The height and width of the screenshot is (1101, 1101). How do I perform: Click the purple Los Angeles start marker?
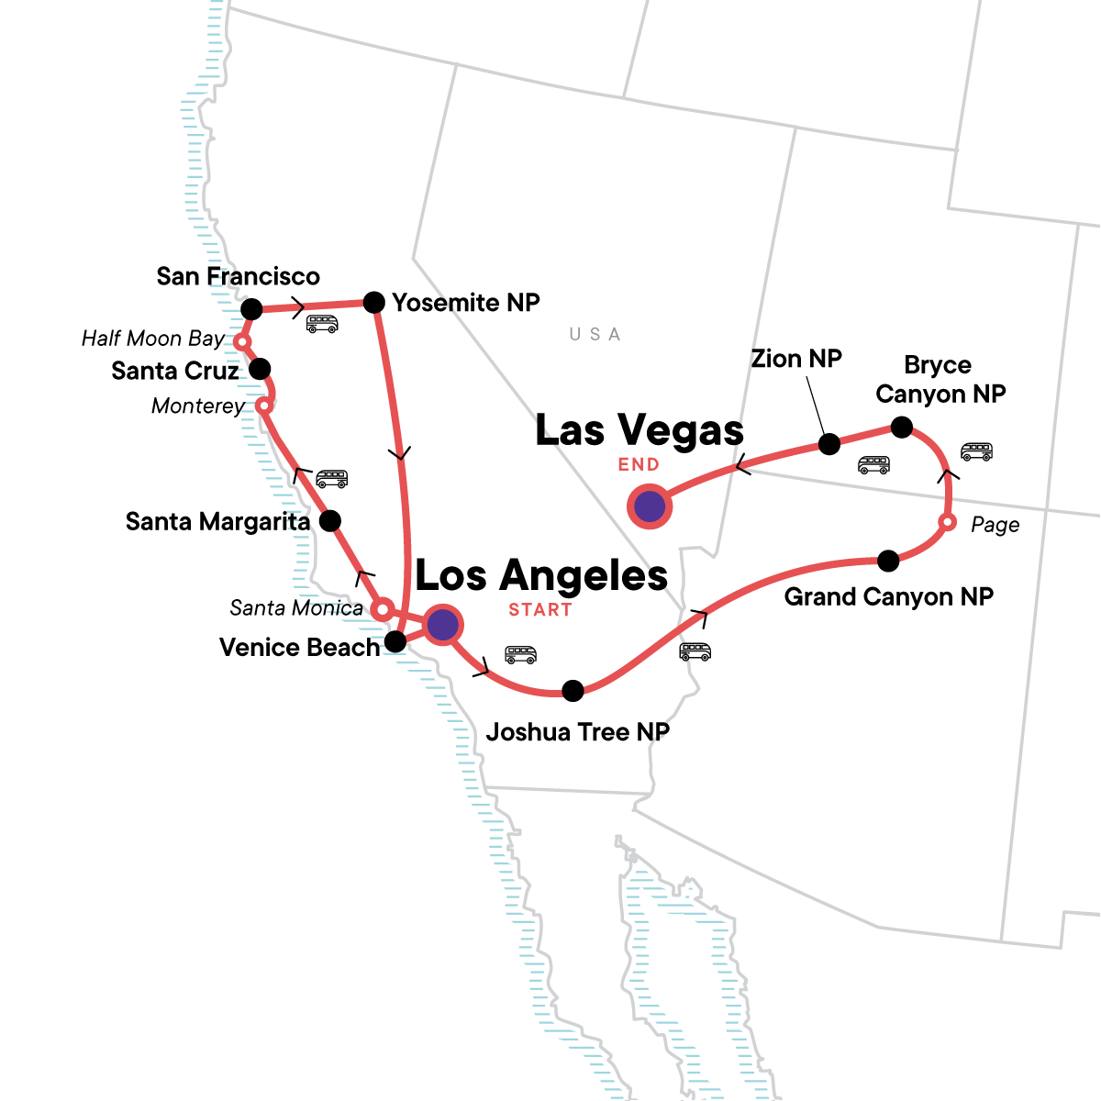coord(443,625)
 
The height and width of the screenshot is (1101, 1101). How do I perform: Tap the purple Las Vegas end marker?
coord(650,506)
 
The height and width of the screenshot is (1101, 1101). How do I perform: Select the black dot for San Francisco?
coord(251,308)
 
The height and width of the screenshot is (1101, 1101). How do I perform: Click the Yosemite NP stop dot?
coord(373,302)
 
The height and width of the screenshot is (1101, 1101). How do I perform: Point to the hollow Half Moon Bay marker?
coord(242,342)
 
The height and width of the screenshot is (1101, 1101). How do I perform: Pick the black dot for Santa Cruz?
coord(260,369)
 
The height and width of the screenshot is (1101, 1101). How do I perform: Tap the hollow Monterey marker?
coord(263,405)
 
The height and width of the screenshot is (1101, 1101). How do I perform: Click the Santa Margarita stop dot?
coord(329,521)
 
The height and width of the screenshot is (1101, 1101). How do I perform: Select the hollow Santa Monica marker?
coord(383,608)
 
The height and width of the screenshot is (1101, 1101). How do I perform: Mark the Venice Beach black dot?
coord(395,641)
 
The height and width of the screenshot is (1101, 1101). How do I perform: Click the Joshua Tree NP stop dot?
coord(573,691)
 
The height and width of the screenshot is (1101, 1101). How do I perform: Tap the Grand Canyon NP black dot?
coord(888,561)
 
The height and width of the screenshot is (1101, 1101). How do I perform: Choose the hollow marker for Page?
coord(948,523)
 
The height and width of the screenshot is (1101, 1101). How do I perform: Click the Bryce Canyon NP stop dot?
coord(902,427)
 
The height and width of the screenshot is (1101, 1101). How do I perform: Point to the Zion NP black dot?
coord(829,444)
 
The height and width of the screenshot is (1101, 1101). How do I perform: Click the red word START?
coord(540,610)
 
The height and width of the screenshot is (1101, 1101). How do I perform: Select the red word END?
coord(639,465)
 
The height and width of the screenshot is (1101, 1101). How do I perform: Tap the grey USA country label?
coord(595,334)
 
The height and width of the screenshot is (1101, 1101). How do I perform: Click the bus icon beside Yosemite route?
coord(322,324)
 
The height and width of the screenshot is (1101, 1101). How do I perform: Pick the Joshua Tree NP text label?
coord(577,732)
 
